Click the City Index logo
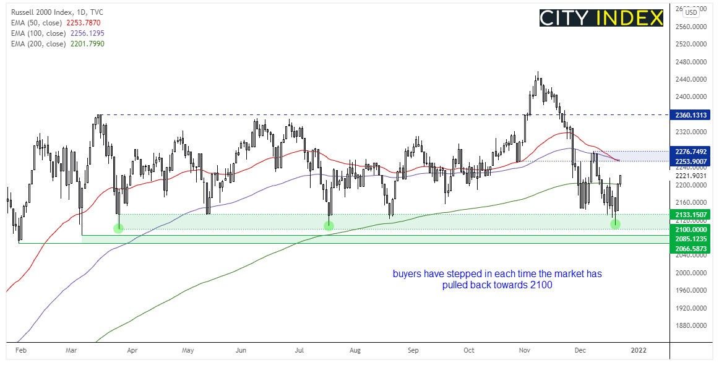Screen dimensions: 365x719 (601, 17)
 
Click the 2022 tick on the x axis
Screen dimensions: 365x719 (638, 350)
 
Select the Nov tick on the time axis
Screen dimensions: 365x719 (525, 350)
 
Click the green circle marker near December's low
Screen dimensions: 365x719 (615, 224)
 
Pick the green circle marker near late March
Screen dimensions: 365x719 (119, 228)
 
